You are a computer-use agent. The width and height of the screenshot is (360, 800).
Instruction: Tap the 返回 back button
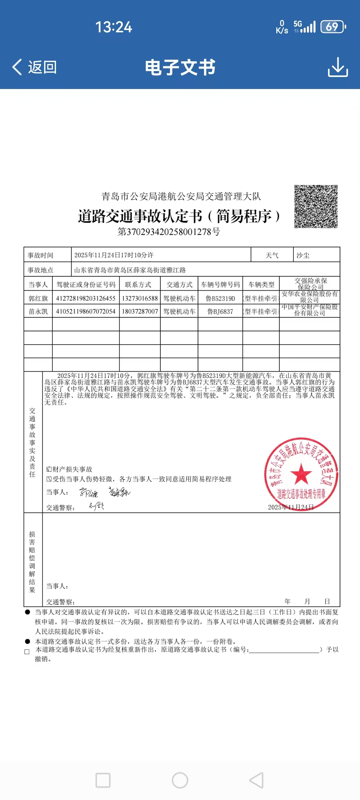(35, 67)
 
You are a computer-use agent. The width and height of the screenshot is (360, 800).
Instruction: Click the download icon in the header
(338, 67)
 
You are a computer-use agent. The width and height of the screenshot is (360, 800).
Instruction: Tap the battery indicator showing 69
(332, 27)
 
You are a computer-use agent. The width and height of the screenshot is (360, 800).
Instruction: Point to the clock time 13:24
(114, 27)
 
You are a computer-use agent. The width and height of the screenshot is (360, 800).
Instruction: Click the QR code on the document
(316, 207)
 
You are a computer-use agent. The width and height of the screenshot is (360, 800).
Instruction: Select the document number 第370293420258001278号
(169, 232)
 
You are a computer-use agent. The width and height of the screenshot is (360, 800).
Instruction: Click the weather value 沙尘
(303, 255)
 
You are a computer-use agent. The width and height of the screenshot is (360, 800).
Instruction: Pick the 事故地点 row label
(40, 270)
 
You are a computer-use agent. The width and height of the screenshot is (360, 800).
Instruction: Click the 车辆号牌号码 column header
(220, 285)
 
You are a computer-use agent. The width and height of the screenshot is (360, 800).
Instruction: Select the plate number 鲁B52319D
(220, 298)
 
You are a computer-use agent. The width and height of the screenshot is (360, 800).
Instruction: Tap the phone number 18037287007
(140, 311)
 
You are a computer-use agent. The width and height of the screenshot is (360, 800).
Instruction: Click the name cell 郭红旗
(38, 298)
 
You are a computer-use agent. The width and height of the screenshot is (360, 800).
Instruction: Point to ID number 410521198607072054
(86, 311)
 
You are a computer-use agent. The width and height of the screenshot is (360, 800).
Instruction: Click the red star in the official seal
(301, 474)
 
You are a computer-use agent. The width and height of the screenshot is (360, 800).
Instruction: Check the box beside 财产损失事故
(49, 469)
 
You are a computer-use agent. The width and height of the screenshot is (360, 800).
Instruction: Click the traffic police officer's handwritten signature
(96, 507)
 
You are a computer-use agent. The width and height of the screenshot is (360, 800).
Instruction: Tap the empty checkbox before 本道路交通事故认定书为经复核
(27, 652)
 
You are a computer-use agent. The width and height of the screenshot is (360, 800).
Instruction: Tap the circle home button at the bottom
(180, 780)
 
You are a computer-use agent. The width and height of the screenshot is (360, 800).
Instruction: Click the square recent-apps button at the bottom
(103, 780)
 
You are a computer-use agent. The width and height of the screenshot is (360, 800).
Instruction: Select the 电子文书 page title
(180, 67)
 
